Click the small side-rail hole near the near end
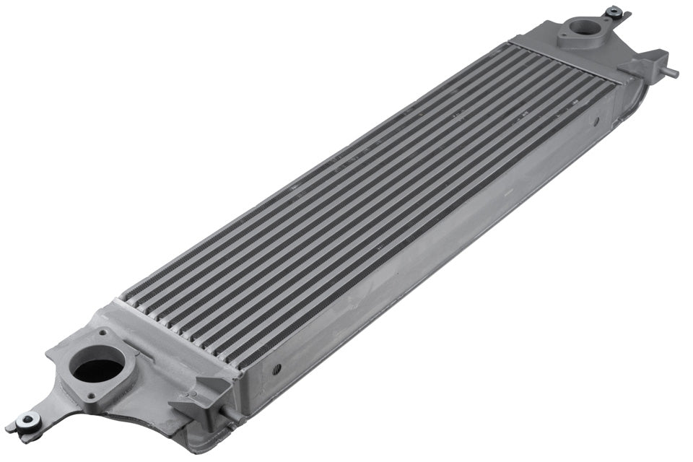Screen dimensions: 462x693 276,369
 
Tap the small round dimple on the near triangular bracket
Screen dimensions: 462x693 193,395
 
